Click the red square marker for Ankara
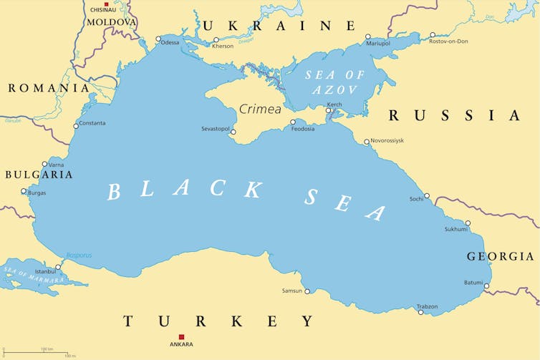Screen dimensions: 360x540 tap(181, 336)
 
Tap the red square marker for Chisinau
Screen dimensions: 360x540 tap(107, 4)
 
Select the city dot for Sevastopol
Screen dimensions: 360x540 tap(233, 132)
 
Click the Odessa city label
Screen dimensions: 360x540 tap(170, 43)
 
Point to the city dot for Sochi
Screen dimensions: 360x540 tap(427, 195)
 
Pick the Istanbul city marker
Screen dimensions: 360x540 tap(58, 267)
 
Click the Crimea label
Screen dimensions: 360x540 tap(260, 110)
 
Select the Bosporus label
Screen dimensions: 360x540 tap(79, 256)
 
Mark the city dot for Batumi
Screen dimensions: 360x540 tap(486, 287)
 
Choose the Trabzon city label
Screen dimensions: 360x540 tap(428, 306)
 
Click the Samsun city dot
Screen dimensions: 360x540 tap(307, 291)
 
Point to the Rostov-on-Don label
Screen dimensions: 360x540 tap(458, 42)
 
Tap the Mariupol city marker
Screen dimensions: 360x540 tap(368, 37)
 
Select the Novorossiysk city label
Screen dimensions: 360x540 tap(387, 140)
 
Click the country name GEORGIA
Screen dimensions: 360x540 tap(500, 256)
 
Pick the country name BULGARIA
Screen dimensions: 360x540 tap(39, 175)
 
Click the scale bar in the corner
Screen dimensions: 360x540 tap(39, 352)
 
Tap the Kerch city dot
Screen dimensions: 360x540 tap(329, 111)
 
